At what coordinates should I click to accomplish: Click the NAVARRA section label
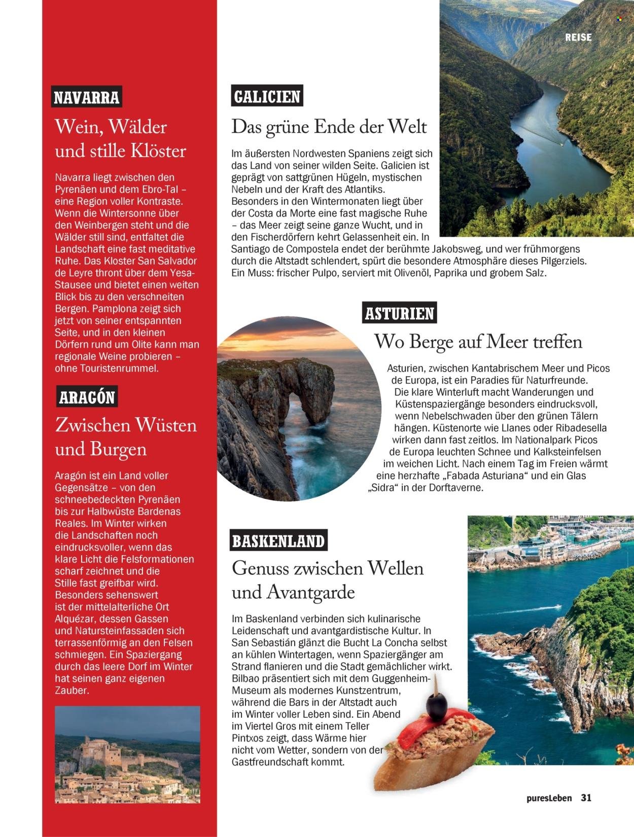point(87,97)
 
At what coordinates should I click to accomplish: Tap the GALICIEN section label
point(267,96)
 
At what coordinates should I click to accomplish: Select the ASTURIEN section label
point(400,313)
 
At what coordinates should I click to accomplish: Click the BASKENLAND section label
point(278,541)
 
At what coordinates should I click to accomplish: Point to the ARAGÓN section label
point(87,397)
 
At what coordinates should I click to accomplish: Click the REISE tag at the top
point(578,37)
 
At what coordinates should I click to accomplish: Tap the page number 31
point(586,797)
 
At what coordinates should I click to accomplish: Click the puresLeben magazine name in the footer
point(549,798)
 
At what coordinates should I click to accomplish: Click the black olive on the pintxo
point(436,704)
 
